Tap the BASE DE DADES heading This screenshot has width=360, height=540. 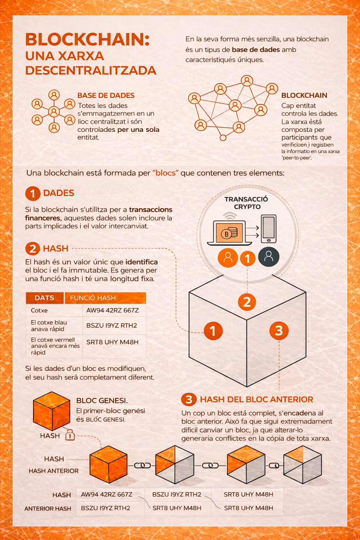pyautogui.click(x=106, y=96)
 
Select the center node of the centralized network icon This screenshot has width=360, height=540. pyautogui.click(x=54, y=111)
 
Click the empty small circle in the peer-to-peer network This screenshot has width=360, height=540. pyautogui.click(x=223, y=138)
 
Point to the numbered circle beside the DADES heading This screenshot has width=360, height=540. pyautogui.click(x=33, y=193)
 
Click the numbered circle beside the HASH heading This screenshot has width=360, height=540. pyautogui.click(x=33, y=249)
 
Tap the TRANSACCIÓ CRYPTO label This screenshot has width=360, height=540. pyautogui.click(x=246, y=203)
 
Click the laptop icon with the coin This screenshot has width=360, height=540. pyautogui.click(x=229, y=233)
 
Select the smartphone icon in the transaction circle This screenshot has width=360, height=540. pyautogui.click(x=269, y=229)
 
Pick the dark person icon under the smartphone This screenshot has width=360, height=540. pyautogui.click(x=269, y=257)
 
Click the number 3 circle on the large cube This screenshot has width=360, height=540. pyautogui.click(x=279, y=330)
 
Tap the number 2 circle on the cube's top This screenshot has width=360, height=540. pyautogui.click(x=247, y=302)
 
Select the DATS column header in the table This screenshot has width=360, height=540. pyautogui.click(x=45, y=298)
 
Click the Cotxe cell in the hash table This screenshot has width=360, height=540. pyautogui.click(x=39, y=310)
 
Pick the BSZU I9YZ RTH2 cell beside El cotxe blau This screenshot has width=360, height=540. pyautogui.click(x=112, y=326)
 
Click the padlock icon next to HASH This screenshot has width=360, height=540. pyautogui.click(x=70, y=435)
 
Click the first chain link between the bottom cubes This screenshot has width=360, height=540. pyautogui.click(x=142, y=465)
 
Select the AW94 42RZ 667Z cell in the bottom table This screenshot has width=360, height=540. pyautogui.click(x=107, y=494)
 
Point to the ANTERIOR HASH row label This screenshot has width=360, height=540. pyautogui.click(x=48, y=508)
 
